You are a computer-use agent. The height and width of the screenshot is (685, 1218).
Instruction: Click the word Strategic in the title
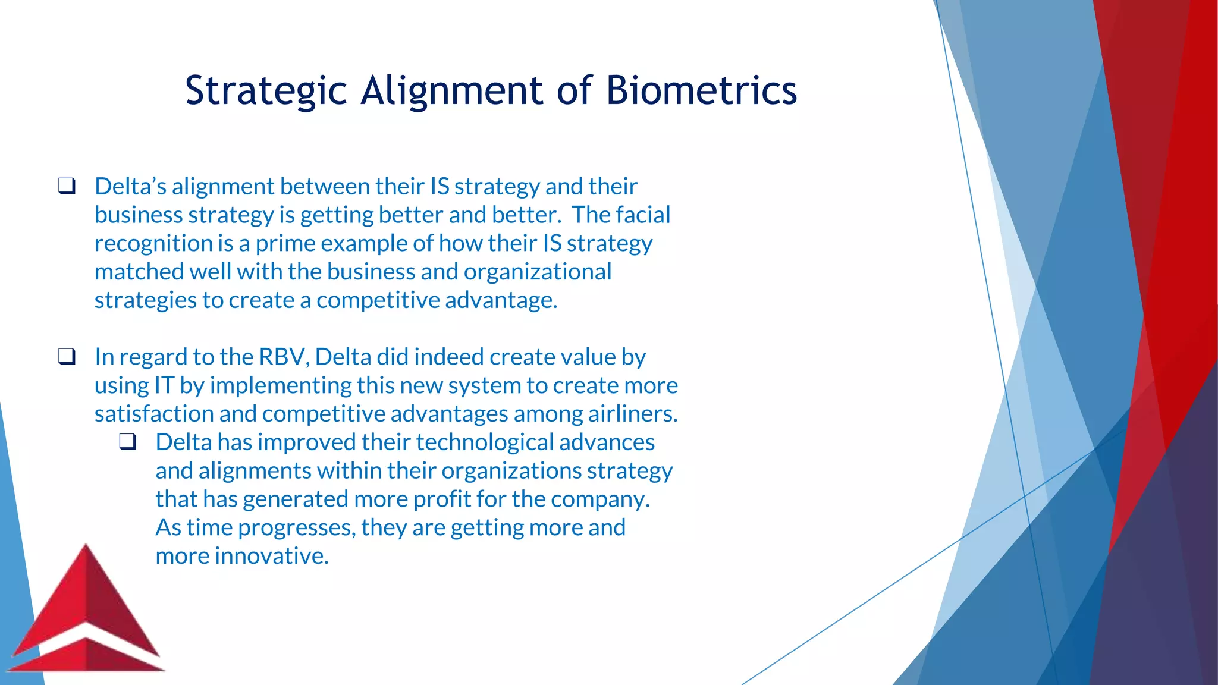266,91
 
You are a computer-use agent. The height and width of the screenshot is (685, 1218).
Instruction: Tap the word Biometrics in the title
701,91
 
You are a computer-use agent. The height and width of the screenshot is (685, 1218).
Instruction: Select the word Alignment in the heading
451,91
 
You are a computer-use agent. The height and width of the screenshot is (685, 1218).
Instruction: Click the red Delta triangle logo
87,612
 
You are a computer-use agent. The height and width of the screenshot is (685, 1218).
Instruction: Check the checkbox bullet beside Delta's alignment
67,186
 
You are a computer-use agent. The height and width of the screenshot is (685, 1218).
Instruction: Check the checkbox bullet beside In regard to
67,357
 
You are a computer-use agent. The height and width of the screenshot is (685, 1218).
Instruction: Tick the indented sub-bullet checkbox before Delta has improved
128,442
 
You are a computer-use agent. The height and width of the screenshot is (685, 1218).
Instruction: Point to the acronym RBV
283,357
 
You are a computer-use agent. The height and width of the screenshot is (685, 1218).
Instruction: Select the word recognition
154,244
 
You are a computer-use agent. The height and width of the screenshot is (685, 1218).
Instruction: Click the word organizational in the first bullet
537,272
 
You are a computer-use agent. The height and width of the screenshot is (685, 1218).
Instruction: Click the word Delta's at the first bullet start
130,187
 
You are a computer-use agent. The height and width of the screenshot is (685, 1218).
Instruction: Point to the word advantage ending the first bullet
501,300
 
